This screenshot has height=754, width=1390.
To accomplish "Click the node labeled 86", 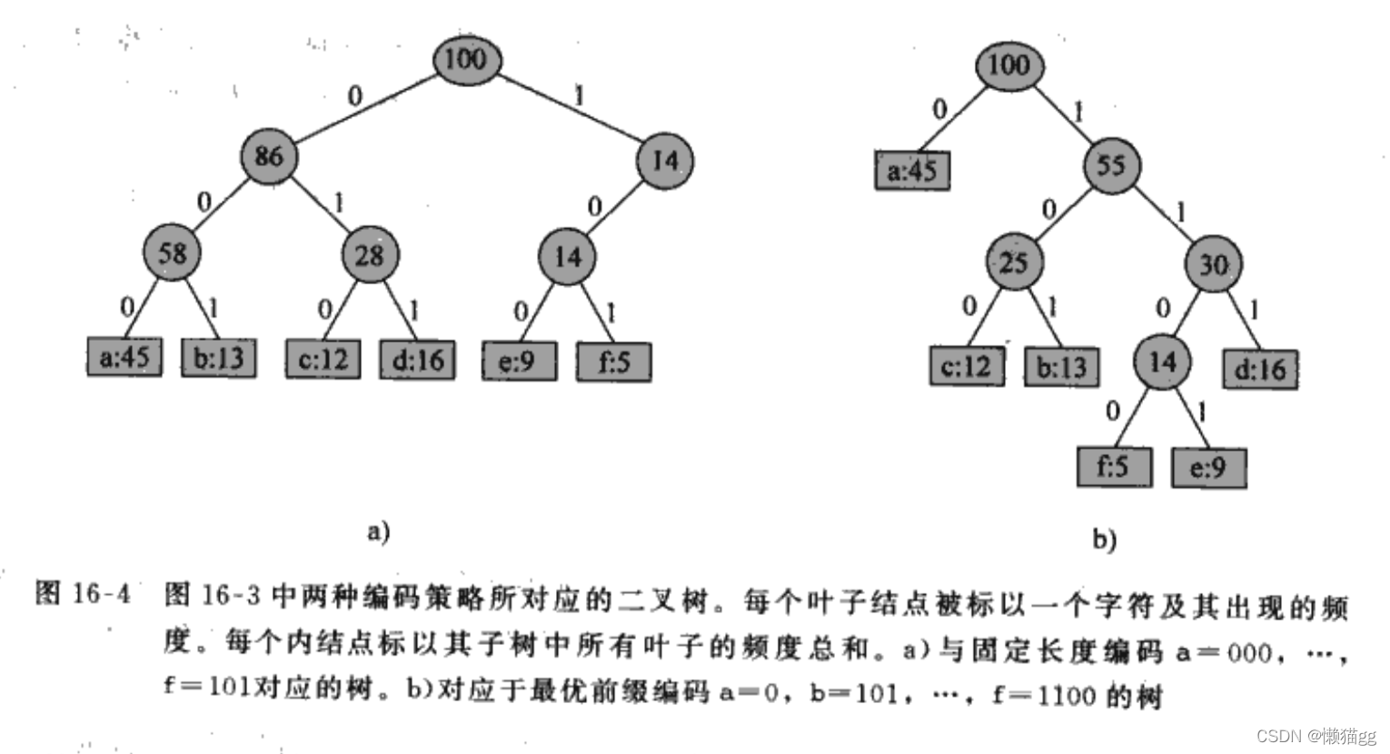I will pyautogui.click(x=269, y=156).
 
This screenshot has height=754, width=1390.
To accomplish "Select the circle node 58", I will pyautogui.click(x=171, y=253).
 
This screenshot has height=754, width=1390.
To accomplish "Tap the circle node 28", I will pyautogui.click(x=370, y=254).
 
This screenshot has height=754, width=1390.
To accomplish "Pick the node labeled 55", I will pyautogui.click(x=1111, y=165).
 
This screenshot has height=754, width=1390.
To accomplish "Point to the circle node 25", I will pyautogui.click(x=1013, y=263).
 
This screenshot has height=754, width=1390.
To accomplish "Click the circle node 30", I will pyautogui.click(x=1214, y=264).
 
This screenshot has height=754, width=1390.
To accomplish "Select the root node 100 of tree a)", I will pyautogui.click(x=465, y=59).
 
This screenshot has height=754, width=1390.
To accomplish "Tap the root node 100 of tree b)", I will pyautogui.click(x=1008, y=64).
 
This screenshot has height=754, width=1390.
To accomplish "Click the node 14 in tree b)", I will pyautogui.click(x=1162, y=362).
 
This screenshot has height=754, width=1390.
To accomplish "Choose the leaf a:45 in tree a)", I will pyautogui.click(x=124, y=357).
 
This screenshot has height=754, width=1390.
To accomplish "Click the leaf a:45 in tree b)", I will pyautogui.click(x=912, y=170).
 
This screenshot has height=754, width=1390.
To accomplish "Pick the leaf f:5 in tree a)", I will pyautogui.click(x=614, y=362).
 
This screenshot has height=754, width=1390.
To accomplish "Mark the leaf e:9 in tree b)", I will pyautogui.click(x=1208, y=468).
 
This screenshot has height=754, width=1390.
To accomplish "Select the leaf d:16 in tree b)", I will pyautogui.click(x=1260, y=369).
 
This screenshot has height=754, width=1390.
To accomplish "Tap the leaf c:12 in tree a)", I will pyautogui.click(x=323, y=359).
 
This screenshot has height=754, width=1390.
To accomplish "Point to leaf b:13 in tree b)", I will pyautogui.click(x=1061, y=367).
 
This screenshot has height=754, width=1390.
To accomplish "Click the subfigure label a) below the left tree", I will pyautogui.click(x=378, y=531).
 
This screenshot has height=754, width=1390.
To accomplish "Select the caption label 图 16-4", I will pyautogui.click(x=83, y=594).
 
